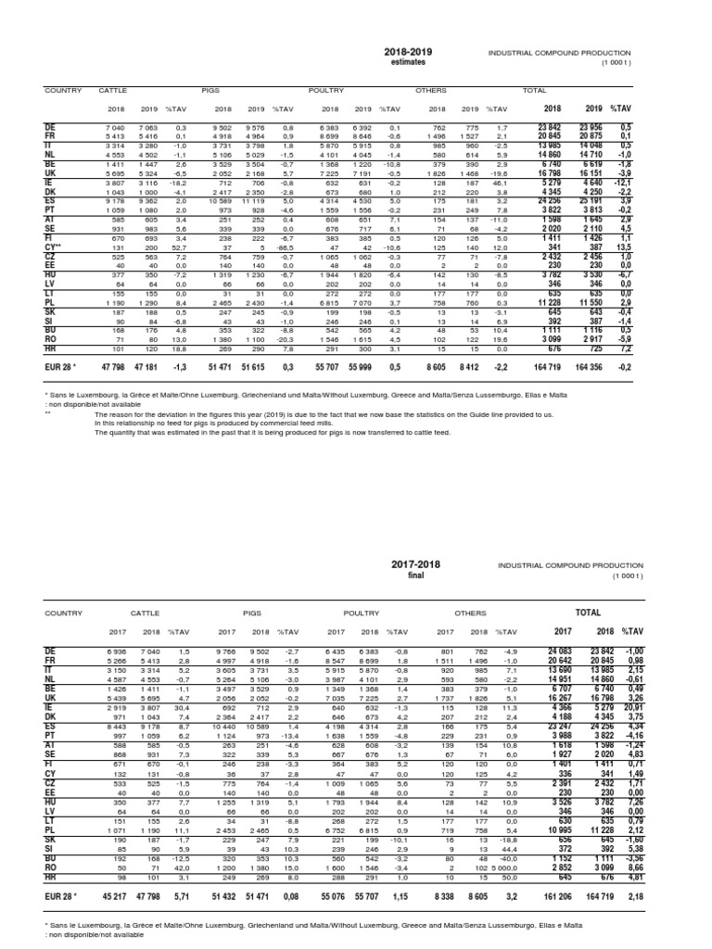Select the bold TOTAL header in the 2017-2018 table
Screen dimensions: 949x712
pos(589,613)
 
